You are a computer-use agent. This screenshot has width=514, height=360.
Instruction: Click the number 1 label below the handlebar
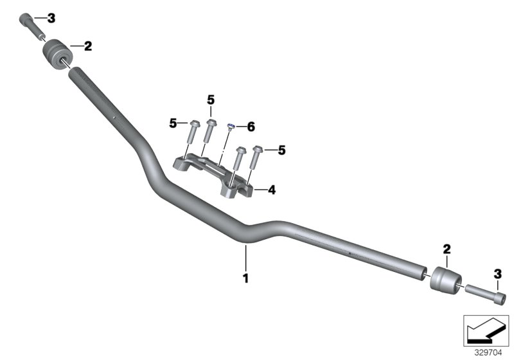coord(245,278)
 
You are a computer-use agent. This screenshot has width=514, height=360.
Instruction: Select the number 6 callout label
coord(251,128)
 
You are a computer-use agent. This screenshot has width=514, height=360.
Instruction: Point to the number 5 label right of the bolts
coord(281,150)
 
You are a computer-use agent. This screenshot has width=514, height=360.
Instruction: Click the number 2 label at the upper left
coord(88,46)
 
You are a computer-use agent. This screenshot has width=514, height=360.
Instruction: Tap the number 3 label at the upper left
coord(51,17)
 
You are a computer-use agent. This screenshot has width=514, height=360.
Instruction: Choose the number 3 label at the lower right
coord(497,274)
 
